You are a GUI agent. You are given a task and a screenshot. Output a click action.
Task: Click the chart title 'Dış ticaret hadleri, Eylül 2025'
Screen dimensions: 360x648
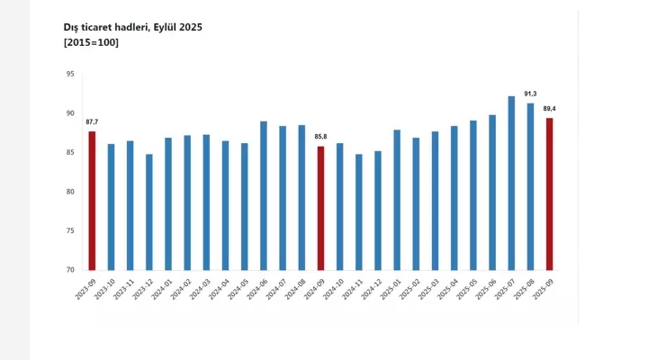[133, 28]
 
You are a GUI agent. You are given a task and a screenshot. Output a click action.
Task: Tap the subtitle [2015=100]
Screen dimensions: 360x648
[90, 43]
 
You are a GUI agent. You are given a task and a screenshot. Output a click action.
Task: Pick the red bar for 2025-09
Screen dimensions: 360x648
[549, 194]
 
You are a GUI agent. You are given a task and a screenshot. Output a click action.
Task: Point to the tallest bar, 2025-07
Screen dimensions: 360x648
[511, 183]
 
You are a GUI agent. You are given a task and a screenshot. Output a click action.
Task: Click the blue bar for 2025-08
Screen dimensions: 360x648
[530, 186]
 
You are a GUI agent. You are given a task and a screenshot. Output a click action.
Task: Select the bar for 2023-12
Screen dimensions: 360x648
[148, 212]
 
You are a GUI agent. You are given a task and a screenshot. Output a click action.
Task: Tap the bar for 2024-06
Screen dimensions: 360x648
[264, 195]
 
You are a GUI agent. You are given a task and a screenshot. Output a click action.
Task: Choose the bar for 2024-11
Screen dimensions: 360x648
[360, 212]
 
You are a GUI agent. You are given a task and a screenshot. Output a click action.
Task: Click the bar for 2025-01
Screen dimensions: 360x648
[397, 200]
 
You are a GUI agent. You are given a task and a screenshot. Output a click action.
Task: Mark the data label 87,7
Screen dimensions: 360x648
[92, 122]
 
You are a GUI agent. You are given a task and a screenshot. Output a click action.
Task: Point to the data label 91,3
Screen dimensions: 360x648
[530, 94]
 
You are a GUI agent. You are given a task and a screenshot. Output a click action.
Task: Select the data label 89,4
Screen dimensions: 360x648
[549, 109]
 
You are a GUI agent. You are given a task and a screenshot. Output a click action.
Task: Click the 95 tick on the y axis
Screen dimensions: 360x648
[69, 75]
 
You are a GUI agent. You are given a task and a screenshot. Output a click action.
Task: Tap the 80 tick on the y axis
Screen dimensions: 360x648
[69, 192]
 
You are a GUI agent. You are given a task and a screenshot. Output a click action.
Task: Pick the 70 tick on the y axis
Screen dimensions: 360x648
[69, 270]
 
